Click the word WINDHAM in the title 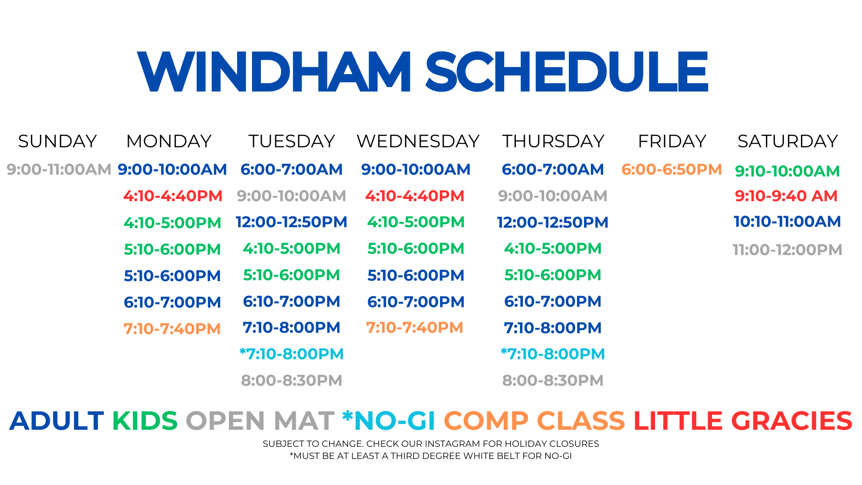pos(274,71)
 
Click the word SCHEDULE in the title pos(567,71)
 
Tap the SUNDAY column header pos(57,141)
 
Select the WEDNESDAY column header pos(418,141)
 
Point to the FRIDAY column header pos(672,141)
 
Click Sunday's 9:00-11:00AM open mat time pos(59,170)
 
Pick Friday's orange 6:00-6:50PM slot pos(672,170)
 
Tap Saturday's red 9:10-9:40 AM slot pos(786,196)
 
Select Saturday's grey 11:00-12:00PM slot pos(787,250)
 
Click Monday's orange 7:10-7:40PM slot pos(172,329)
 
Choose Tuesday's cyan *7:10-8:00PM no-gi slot pos(291,354)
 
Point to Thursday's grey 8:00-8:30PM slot pos(553,381)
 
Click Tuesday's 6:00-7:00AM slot pos(291,170)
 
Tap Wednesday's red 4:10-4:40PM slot pos(414,196)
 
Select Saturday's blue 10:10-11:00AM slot pos(787,222)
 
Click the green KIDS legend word pos(145,421)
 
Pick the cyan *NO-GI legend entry pos(389,421)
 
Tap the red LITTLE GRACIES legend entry pos(743,421)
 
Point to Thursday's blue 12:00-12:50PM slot pos(553,223)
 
